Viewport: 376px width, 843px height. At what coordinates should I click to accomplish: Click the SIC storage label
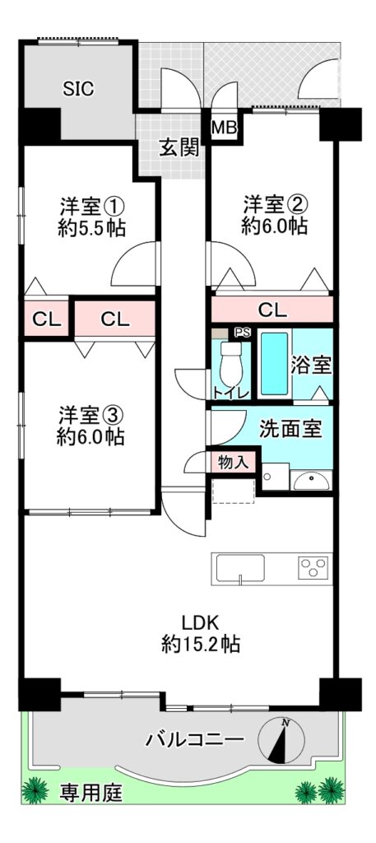click(x=78, y=89)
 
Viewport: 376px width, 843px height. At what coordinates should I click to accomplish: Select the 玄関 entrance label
click(x=179, y=147)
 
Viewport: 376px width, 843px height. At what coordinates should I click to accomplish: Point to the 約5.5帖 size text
click(x=92, y=229)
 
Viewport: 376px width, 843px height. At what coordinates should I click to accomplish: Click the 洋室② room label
click(x=276, y=204)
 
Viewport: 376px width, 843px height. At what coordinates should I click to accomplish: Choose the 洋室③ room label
click(x=91, y=414)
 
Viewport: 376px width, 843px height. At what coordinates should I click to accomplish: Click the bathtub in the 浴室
click(x=275, y=364)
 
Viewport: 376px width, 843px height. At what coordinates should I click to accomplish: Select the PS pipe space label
click(x=243, y=333)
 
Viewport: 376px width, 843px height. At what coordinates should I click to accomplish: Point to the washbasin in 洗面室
click(x=313, y=481)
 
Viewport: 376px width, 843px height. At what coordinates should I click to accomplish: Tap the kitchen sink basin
click(x=240, y=568)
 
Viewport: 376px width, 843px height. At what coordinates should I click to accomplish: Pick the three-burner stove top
click(x=313, y=568)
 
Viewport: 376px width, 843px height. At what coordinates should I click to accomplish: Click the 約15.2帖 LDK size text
click(x=201, y=644)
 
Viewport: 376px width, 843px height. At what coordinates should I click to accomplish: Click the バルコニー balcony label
click(x=195, y=740)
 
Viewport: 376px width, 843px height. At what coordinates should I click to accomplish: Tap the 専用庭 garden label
click(x=91, y=791)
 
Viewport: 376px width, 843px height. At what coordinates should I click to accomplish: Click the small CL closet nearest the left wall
click(x=46, y=319)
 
